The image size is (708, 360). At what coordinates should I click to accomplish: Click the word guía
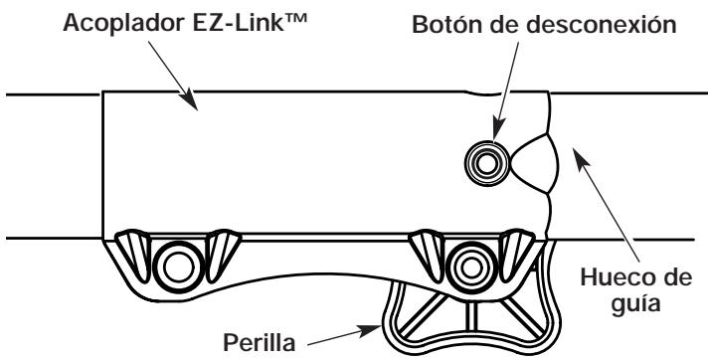click(x=635, y=303)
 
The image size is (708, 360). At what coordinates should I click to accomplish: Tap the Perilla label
click(x=260, y=343)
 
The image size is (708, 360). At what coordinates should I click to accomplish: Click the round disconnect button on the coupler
click(x=487, y=163)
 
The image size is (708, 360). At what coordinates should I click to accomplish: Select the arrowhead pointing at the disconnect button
click(x=497, y=131)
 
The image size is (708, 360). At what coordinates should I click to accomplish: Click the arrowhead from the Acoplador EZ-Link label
click(x=190, y=100)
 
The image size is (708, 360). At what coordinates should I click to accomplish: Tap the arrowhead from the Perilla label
click(x=370, y=330)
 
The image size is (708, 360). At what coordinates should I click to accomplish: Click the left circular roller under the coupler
click(x=179, y=267)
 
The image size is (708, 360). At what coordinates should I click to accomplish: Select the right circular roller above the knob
click(x=471, y=268)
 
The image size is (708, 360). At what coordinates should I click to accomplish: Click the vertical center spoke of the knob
click(x=471, y=315)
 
